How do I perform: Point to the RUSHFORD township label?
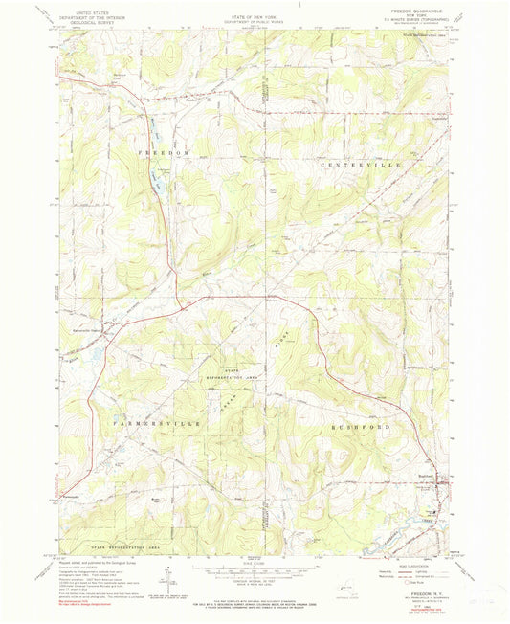pyautogui.click(x=358, y=425)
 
